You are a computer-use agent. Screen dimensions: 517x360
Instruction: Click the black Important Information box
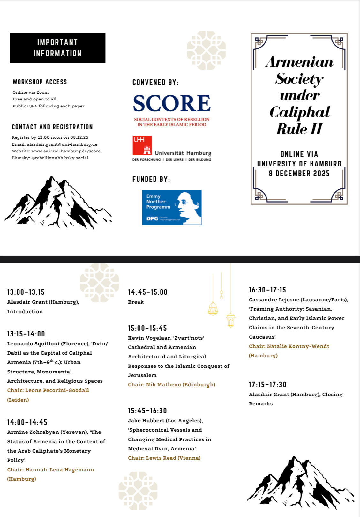[x=57, y=48]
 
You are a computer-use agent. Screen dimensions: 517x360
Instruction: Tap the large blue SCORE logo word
[x=172, y=103]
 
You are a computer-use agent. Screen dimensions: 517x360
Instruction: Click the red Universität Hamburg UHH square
[x=142, y=145]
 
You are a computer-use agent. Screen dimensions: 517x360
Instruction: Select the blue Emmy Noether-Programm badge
[x=172, y=207]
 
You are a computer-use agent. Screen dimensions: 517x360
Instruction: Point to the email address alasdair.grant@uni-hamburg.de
[x=62, y=144]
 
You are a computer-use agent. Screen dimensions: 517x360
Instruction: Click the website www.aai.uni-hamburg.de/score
[x=66, y=151]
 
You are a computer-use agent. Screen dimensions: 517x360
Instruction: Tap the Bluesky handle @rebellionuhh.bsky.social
[x=60, y=158]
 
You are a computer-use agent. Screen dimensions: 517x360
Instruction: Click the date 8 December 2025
[x=299, y=174]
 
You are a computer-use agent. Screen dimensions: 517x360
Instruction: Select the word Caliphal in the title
[x=299, y=112]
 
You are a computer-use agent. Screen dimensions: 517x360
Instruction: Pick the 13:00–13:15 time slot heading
[x=26, y=292]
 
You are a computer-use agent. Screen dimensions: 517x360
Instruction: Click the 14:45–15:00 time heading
[x=147, y=292]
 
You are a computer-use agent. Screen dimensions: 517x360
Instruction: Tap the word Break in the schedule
[x=136, y=302]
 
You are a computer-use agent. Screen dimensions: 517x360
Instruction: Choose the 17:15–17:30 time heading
[x=267, y=385]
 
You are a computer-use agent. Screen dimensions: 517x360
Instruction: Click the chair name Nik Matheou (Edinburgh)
[x=181, y=385]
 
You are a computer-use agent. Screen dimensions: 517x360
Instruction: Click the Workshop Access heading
[x=40, y=82]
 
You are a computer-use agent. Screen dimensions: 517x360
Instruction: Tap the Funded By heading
[x=151, y=179]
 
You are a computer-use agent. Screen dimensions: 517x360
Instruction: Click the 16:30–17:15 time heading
[x=267, y=290]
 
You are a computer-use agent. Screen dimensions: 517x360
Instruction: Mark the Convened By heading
[x=155, y=82]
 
